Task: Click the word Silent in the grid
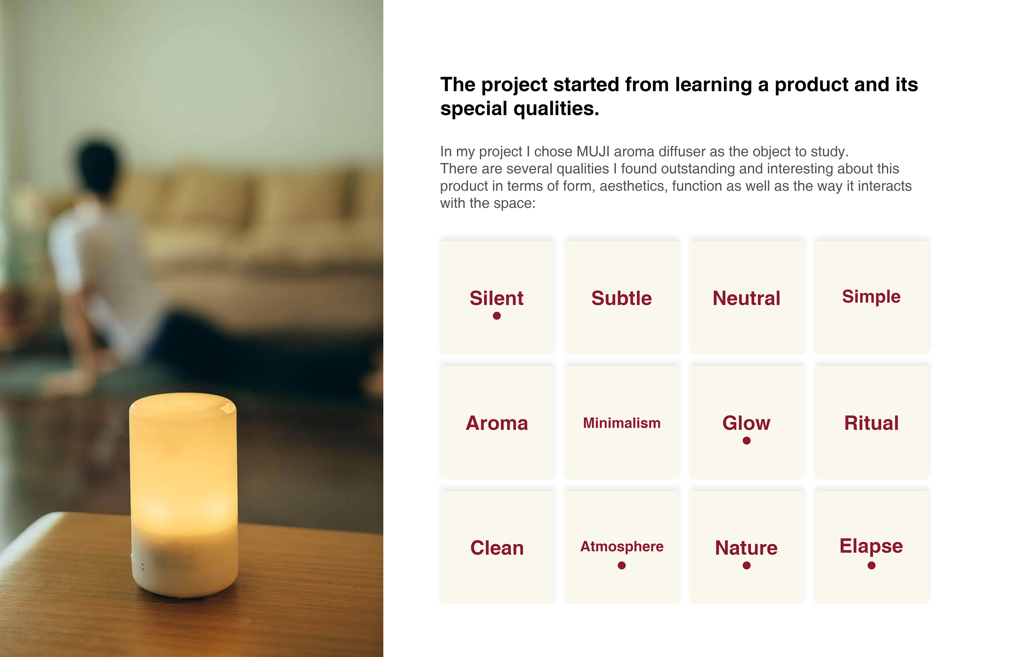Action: pos(496,298)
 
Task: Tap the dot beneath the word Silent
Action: pos(496,316)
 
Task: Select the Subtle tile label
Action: pos(622,298)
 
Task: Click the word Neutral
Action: pos(746,298)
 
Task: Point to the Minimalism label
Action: pos(622,423)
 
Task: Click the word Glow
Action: pos(746,423)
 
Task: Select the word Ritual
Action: pos(871,423)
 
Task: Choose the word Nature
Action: pos(746,548)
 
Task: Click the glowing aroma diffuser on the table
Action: pos(184,495)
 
